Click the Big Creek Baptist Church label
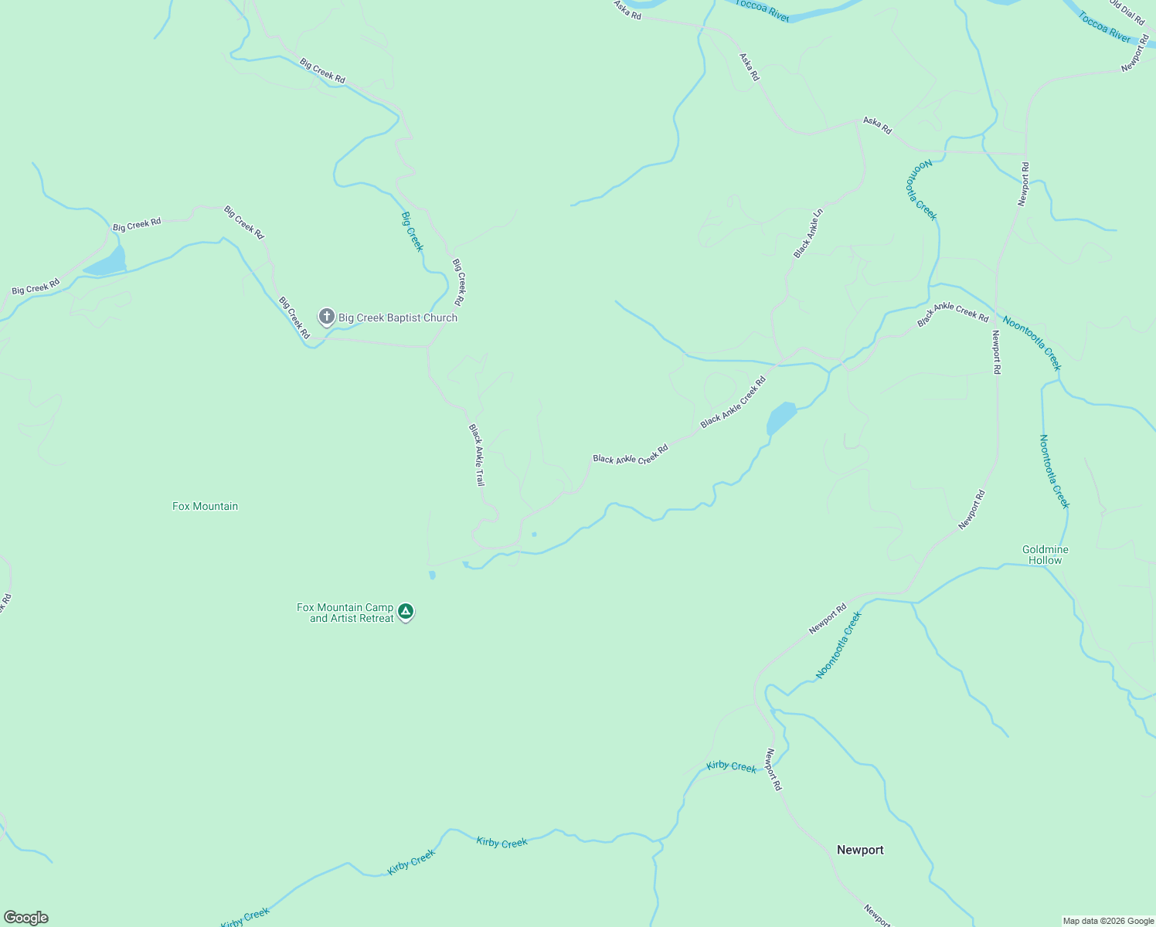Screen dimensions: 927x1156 397,317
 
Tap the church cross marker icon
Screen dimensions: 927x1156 327,316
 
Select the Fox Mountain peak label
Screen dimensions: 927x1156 205,506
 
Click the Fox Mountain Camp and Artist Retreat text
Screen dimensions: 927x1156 345,613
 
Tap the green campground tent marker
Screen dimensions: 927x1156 406,612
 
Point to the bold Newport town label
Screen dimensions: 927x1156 860,850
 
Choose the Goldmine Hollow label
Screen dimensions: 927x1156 1045,555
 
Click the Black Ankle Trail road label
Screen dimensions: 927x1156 476,454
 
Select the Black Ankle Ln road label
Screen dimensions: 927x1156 808,233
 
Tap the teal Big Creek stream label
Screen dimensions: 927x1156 412,231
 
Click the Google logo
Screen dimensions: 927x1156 26,918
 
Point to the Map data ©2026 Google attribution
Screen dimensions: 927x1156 1108,921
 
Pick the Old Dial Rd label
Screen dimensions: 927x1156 1128,12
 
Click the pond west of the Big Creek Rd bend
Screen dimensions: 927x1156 107,263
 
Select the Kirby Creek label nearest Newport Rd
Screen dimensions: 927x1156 731,766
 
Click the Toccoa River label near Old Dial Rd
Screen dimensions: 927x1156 1105,27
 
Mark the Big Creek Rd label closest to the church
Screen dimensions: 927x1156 294,317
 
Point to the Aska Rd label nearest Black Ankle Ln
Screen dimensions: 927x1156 877,125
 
